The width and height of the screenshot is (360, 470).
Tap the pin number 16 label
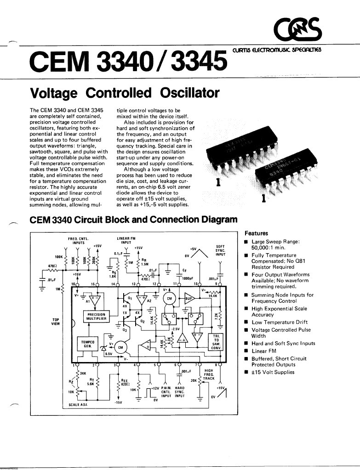point(72,284)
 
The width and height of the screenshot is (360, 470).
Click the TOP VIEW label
point(56,321)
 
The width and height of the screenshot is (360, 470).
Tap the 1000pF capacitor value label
point(187,278)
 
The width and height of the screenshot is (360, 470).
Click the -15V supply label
point(118,402)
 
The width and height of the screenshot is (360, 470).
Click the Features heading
point(256,233)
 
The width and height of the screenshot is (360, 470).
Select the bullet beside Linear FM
point(246,351)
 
